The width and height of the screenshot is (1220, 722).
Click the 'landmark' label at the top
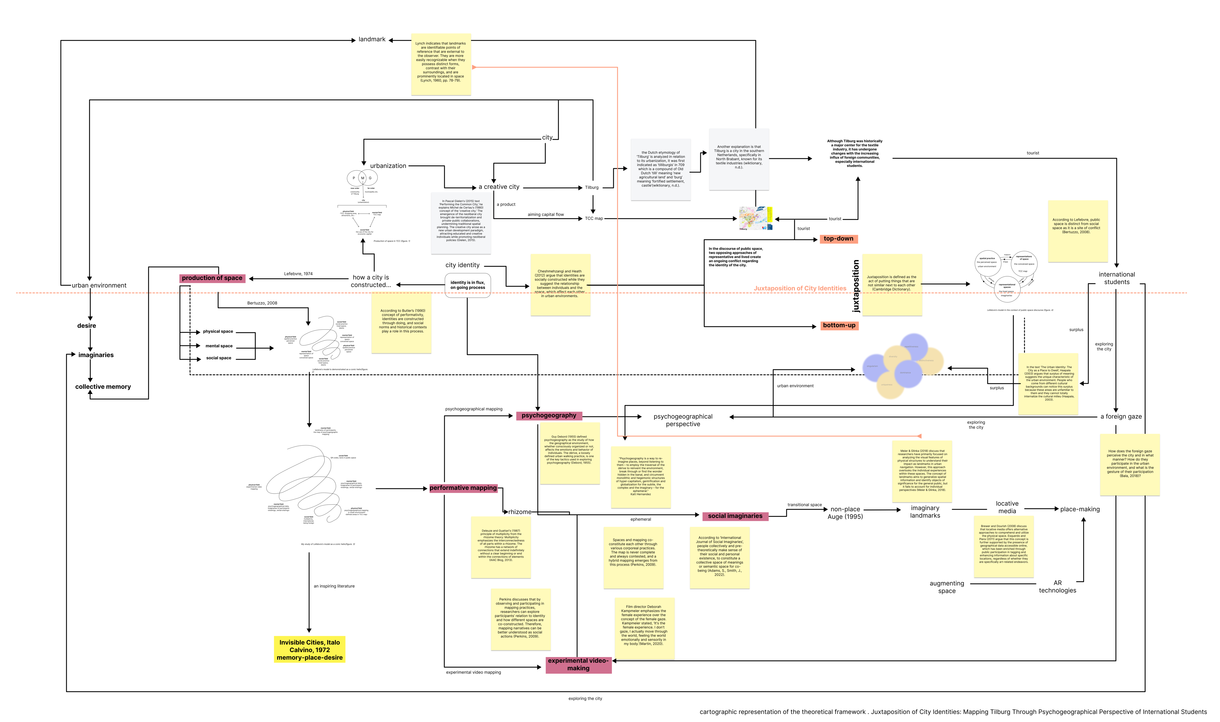click(372, 39)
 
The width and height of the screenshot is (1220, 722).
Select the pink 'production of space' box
click(212, 278)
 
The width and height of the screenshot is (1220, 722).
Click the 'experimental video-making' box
click(578, 665)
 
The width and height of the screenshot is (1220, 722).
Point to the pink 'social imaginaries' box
click(735, 516)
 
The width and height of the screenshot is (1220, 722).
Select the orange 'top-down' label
click(838, 239)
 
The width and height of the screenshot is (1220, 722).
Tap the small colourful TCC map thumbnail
click(755, 218)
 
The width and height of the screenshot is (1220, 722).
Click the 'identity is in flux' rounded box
click(467, 285)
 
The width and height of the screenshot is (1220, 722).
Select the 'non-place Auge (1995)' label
click(845, 513)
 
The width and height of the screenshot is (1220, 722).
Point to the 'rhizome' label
click(520, 512)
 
